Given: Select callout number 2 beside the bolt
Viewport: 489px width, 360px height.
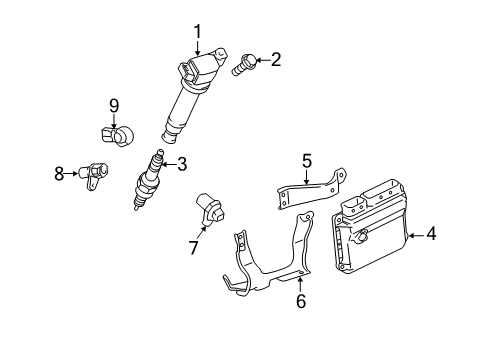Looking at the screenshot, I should coord(275,60).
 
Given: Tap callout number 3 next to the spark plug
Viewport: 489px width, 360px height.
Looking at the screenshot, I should coord(181,165).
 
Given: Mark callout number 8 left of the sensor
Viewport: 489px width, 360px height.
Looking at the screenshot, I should coord(59,174).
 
